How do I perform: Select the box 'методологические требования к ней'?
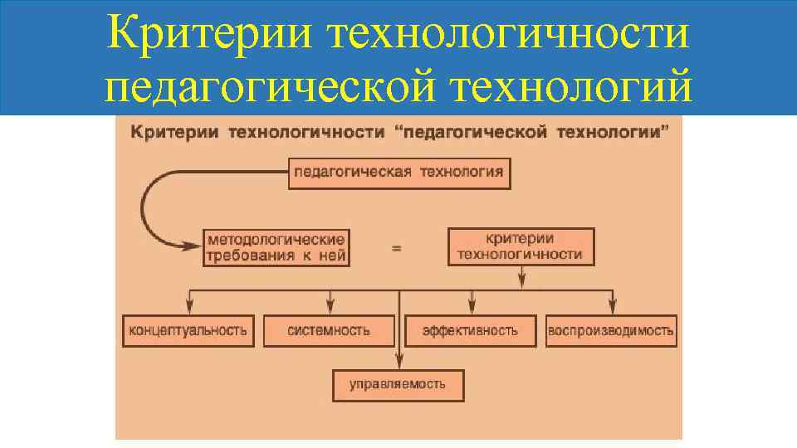pos(276,247)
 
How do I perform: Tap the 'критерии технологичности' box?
pos(521,247)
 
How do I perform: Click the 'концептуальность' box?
pos(188,330)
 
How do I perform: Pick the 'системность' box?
pos(329,330)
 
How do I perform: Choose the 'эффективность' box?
pos(470,330)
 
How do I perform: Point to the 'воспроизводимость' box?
pos(610,330)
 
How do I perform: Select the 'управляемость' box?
pos(398,384)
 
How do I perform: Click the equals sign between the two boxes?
pos(396,248)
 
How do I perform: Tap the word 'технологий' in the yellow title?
pos(595,87)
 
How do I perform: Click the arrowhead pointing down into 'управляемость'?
pos(398,362)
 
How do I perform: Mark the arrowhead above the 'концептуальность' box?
pos(190,305)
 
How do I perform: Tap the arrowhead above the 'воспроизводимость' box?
pos(613,305)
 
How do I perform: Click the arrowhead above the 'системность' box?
pos(330,305)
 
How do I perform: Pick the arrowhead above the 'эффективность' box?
pos(472,305)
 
